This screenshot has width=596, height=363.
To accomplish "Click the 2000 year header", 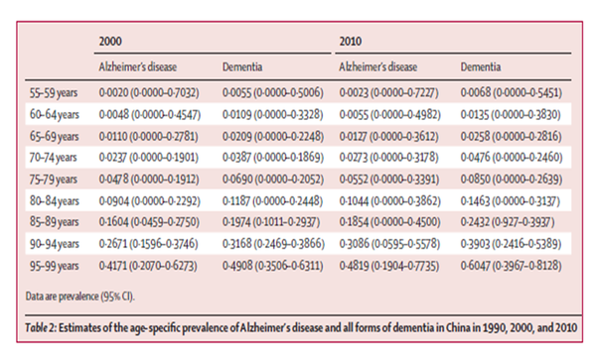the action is tap(110, 41).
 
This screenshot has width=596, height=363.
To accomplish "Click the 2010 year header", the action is tap(351, 41).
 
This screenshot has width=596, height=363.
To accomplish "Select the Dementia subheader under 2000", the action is tap(242, 67).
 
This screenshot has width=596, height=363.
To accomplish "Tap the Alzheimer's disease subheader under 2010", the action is tap(378, 67).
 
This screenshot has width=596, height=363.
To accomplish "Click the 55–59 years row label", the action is tap(54, 93).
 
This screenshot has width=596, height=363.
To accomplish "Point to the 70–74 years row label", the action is tap(54, 158).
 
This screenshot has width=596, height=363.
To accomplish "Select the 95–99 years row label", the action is tap(55, 266).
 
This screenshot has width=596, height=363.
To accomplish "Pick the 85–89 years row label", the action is tap(55, 222).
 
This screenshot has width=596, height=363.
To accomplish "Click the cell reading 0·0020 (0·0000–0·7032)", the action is tap(149, 93).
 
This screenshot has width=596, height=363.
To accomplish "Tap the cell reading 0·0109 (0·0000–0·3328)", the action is tap(273, 115).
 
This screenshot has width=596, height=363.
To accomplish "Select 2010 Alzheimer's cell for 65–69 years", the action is tap(389, 136).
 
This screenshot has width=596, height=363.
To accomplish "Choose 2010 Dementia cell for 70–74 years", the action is tap(512, 158).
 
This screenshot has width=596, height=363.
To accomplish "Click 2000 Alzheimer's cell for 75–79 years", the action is tap(149, 180).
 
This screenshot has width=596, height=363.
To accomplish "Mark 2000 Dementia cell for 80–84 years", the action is tap(272, 201).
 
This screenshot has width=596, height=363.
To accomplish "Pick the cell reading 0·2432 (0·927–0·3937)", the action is tap(508, 222).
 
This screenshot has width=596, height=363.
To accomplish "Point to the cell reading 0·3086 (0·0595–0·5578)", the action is tap(389, 244).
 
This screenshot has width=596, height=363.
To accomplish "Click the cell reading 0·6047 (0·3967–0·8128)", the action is tap(512, 266).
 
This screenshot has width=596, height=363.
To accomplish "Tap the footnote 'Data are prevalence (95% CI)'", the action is tap(80, 297).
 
